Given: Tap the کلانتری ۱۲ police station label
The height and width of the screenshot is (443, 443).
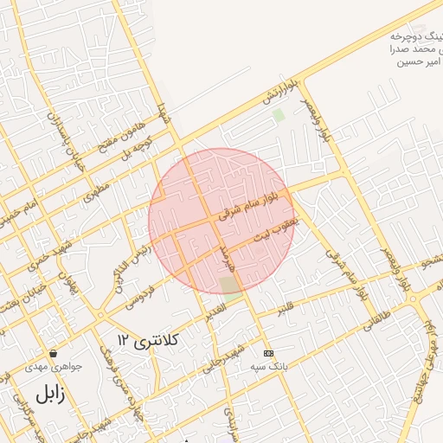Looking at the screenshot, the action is click(x=148, y=340).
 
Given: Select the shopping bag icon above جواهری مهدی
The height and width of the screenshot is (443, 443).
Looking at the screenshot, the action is click(x=54, y=353).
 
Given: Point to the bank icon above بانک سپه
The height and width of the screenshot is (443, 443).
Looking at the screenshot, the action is click(x=267, y=353).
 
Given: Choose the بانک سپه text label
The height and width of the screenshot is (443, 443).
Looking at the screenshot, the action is click(x=268, y=366).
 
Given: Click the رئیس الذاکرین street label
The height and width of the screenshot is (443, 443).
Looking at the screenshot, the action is click(x=130, y=263).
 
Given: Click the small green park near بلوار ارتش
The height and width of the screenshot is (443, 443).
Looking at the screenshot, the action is click(x=279, y=114).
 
